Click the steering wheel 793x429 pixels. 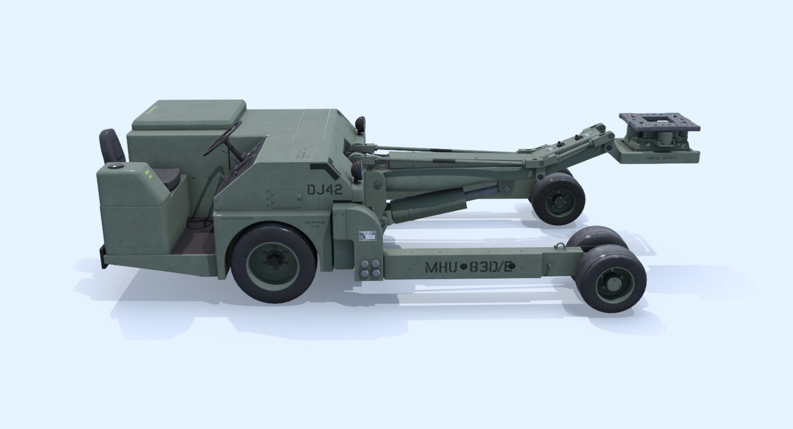[223, 138]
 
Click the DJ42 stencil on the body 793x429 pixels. [325, 190]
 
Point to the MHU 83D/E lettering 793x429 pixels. [469, 267]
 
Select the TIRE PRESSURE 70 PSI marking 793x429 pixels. [312, 224]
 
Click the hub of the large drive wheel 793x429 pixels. [273, 260]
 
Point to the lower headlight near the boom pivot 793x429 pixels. [358, 169]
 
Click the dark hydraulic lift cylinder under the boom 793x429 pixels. [430, 203]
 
